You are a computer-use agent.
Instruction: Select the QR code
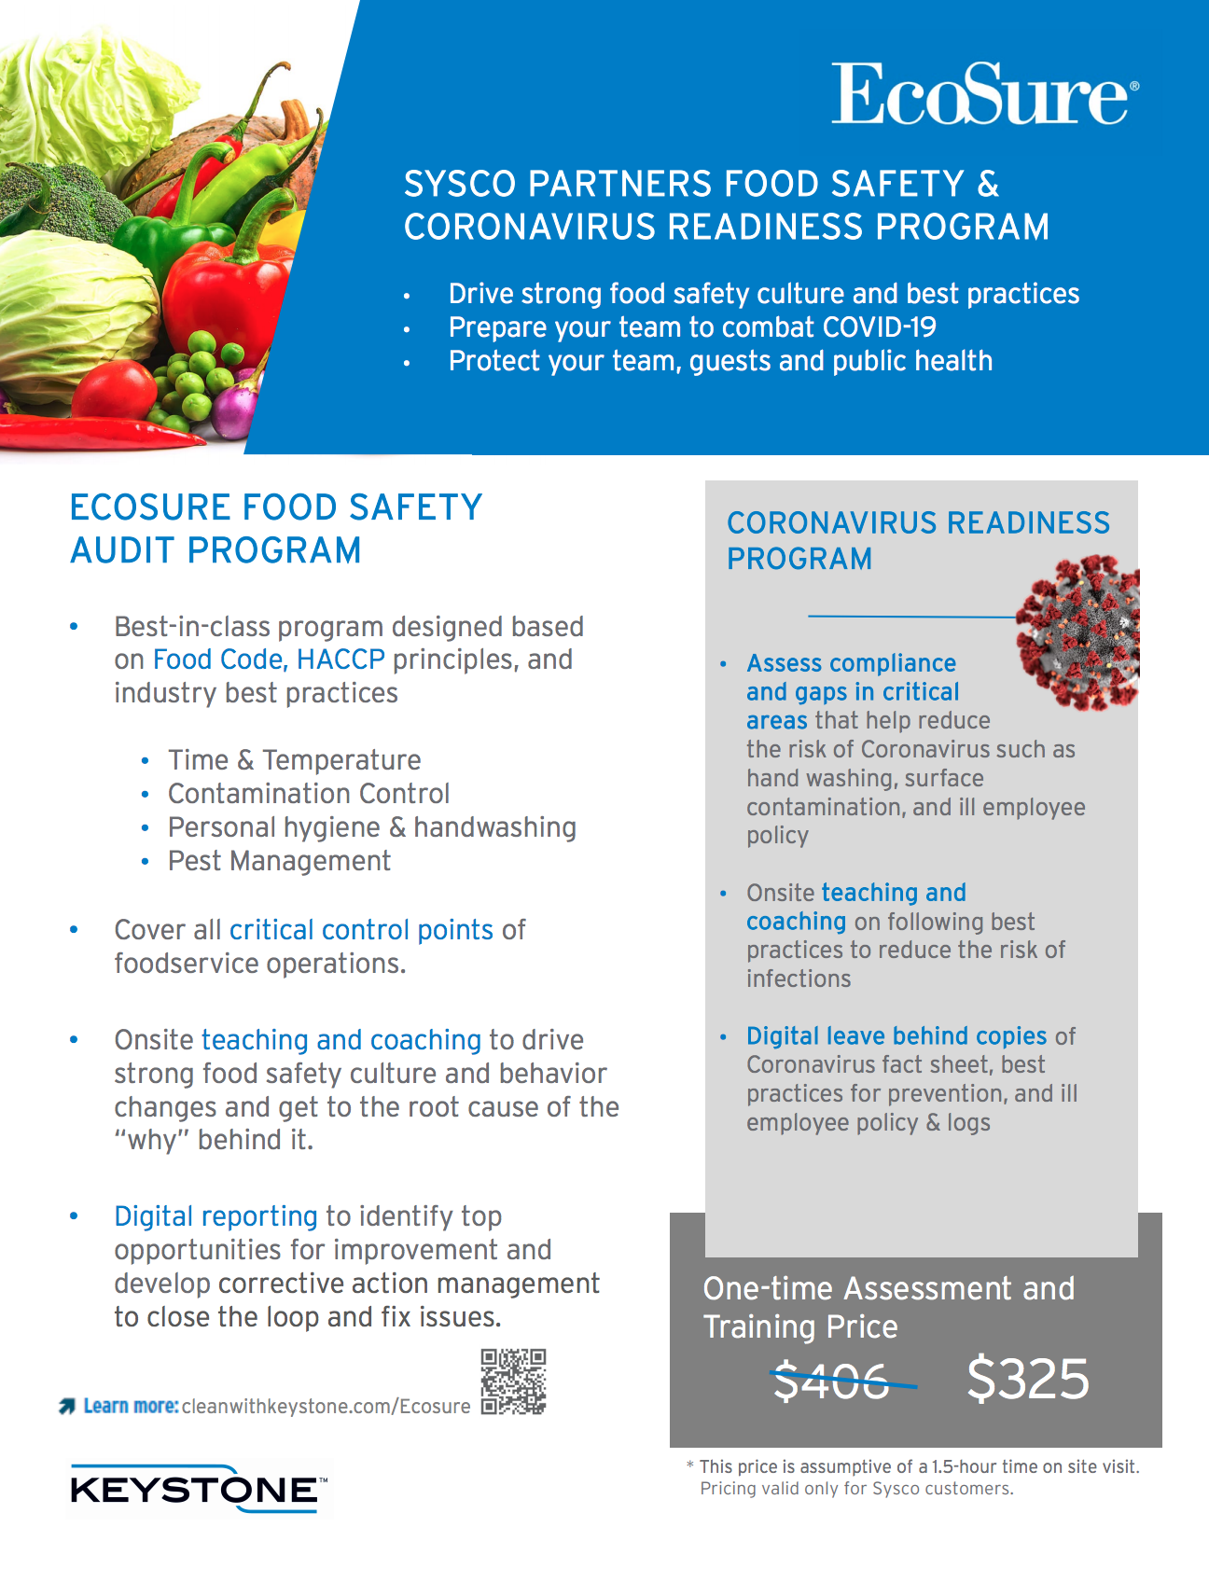click(513, 1382)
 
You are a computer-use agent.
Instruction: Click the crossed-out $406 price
click(831, 1381)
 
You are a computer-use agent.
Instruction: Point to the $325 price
click(1028, 1379)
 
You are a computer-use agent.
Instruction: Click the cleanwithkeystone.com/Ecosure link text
click(326, 1407)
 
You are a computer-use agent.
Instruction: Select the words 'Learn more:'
click(131, 1406)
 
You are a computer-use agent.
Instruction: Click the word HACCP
click(340, 660)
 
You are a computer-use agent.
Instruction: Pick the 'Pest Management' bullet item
click(279, 861)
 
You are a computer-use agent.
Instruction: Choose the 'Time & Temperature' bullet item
click(294, 760)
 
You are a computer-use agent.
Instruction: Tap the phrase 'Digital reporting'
click(215, 1216)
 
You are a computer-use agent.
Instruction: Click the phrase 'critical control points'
click(361, 930)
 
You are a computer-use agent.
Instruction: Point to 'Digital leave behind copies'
click(896, 1036)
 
